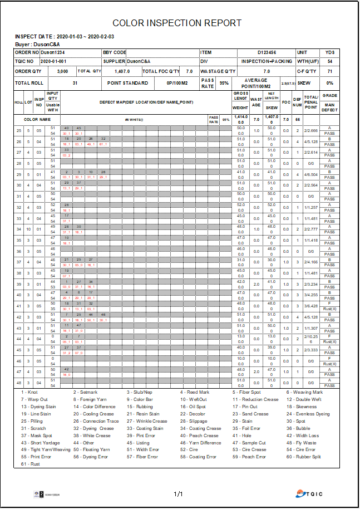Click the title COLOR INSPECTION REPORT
[x=177, y=23]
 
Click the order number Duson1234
[x=53, y=52]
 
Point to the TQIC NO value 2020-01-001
[x=54, y=61]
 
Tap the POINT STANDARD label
[x=128, y=83]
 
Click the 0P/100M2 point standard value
[x=177, y=83]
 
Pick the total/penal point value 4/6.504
[x=311, y=174]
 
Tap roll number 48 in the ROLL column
[x=19, y=383]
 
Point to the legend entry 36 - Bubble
[x=299, y=428]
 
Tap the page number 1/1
[x=179, y=494]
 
